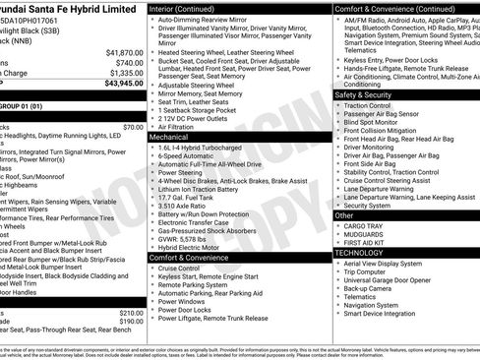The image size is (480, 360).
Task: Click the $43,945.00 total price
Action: click(x=116, y=84)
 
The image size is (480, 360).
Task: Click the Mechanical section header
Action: click(x=170, y=138)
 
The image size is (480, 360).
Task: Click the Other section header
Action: click(x=344, y=214)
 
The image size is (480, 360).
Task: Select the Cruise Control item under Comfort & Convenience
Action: click(x=179, y=269)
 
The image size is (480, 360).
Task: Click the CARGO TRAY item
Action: click(x=363, y=225)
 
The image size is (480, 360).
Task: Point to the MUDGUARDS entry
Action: click(x=364, y=234)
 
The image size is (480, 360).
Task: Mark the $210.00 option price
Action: click(x=130, y=312)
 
